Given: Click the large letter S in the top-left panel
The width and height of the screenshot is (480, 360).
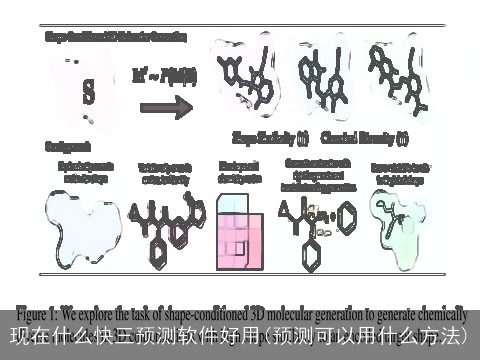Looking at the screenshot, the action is coord(87,92).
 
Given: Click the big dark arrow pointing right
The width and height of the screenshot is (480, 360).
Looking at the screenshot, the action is coord(163,105).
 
